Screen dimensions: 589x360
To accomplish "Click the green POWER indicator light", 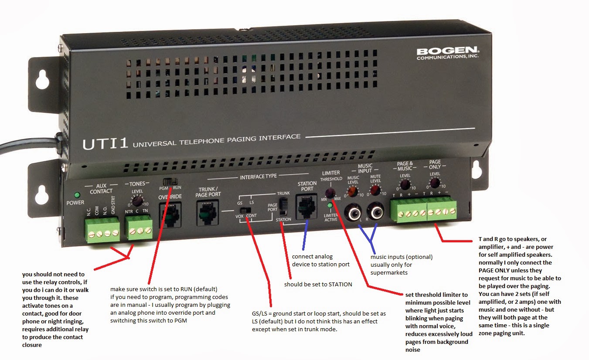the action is click(x=77, y=195).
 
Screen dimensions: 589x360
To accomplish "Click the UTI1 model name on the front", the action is click(x=105, y=143).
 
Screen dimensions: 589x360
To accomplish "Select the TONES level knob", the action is click(x=137, y=201).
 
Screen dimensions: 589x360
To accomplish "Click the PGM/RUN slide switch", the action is click(x=170, y=182).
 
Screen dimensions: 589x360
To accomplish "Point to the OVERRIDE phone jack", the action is click(x=170, y=214).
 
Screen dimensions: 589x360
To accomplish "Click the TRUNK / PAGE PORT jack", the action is click(x=208, y=213).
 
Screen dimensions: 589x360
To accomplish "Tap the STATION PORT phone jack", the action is click(x=306, y=207).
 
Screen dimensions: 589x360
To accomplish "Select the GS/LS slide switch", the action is click(x=245, y=211).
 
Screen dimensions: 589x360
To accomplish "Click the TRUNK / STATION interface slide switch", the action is click(x=283, y=207).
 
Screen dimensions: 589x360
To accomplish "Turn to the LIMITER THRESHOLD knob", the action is click(x=330, y=193).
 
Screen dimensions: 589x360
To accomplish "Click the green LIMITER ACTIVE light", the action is click(x=330, y=205).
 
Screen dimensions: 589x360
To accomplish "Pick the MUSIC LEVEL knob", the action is click(x=353, y=192).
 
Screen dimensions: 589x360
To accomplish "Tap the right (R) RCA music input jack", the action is click(x=376, y=211).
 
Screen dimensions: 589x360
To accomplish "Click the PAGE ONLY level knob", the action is click(x=435, y=183).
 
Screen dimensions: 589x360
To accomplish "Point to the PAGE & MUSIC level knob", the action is click(x=405, y=185).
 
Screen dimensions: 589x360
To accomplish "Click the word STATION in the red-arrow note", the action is click(x=340, y=284).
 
